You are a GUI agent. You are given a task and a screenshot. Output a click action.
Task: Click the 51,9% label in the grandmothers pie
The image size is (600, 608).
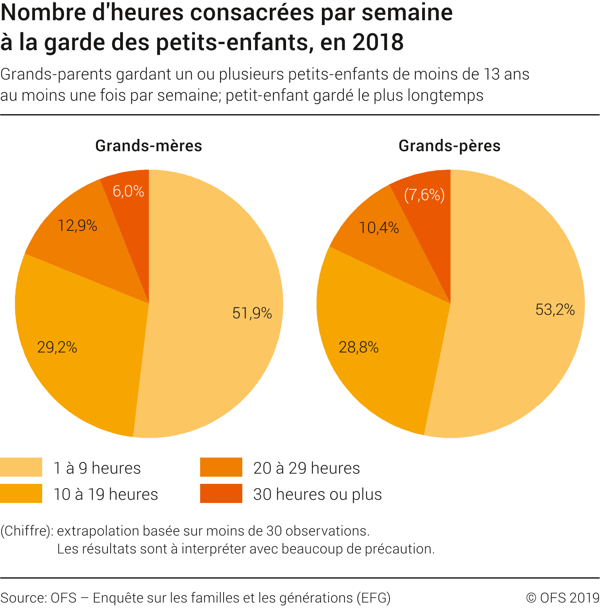point(252,313)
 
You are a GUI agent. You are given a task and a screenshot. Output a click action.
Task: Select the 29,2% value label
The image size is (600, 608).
point(57,347)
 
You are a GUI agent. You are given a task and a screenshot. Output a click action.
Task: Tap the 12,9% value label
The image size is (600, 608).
point(78,226)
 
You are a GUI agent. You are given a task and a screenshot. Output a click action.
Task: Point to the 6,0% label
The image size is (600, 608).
point(128,191)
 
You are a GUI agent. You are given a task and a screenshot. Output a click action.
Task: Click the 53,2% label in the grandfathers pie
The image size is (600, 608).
point(555,310)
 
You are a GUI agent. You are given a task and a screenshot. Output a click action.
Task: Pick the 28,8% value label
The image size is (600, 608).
point(358,347)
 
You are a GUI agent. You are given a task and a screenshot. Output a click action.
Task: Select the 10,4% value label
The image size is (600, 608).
point(379,228)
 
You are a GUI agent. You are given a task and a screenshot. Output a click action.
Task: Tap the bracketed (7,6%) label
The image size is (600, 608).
point(424,195)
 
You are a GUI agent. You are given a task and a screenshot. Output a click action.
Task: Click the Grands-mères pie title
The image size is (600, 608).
point(149,146)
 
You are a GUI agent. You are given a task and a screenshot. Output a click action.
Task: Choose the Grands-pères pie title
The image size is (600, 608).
point(450,146)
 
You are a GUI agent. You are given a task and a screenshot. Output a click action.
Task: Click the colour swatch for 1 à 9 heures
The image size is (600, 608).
point(21,467)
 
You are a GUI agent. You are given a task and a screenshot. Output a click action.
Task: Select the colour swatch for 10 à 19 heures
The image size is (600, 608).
point(21,493)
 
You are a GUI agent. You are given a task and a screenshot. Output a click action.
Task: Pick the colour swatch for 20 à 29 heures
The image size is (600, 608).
point(221,467)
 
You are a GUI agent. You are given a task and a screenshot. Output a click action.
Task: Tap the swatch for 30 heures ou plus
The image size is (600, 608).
point(221,493)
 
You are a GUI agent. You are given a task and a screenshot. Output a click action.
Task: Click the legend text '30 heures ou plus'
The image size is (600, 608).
point(318,494)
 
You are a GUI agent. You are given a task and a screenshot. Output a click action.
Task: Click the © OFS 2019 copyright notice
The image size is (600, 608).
point(563,598)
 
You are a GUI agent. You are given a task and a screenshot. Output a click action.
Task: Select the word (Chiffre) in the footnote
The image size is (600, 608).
point(26,531)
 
